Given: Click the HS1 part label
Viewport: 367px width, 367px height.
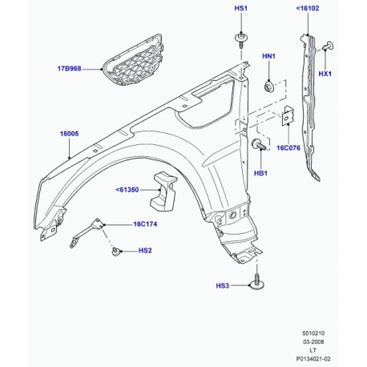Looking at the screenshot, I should coord(241,9).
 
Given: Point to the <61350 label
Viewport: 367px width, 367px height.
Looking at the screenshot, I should coord(128,190).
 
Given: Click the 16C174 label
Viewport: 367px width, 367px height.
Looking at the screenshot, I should coord(147,225).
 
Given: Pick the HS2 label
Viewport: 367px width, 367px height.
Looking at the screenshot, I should coord(144,252).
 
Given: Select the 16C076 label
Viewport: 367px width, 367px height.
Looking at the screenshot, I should coord(310,148).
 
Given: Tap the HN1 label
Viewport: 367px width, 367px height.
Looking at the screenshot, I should coord(269,57).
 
